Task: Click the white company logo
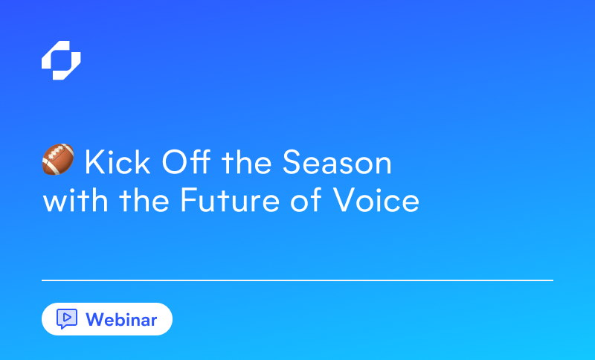pos(61,60)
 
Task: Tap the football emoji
pos(58,159)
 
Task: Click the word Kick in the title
pos(118,162)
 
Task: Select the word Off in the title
pos(186,162)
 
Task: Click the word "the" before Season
pos(247,162)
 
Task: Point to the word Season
pos(337,162)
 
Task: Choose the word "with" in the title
pos(76,199)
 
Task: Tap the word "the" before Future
pos(144,199)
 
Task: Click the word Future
pos(230,199)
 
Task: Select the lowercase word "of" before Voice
pos(306,199)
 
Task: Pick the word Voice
pos(376,199)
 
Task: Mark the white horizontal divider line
pos(297,280)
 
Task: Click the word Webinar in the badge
pos(121,320)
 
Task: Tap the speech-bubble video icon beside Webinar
pos(67,318)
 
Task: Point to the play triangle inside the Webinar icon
pos(67,317)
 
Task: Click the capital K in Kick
pos(94,162)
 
